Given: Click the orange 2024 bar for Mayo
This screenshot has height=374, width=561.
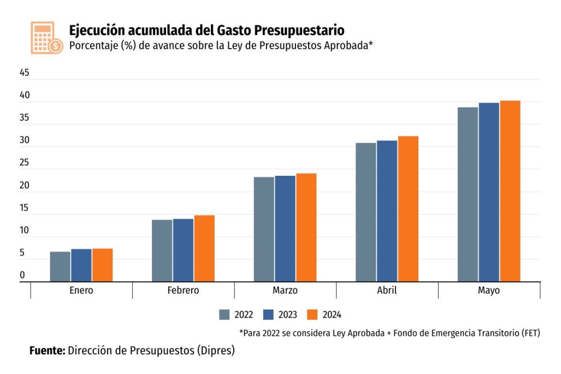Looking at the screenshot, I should point(510,191).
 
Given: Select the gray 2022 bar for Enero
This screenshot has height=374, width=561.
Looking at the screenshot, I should point(60,266).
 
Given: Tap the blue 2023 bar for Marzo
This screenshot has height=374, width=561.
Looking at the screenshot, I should point(285,228).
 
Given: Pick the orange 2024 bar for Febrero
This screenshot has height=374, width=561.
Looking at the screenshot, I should point(204,248).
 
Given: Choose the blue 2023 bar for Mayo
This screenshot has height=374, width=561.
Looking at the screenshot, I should point(489,192).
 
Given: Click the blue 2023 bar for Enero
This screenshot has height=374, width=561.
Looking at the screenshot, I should point(81,265).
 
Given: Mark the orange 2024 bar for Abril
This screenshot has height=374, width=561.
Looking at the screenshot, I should point(408,209).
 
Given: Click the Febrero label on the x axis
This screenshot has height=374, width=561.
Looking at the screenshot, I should point(183,290).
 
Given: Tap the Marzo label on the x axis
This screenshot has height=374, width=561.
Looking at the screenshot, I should point(285,290).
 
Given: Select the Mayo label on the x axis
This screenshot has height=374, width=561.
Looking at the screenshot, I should point(489,290).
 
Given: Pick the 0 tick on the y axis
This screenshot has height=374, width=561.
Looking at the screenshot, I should point(22,275).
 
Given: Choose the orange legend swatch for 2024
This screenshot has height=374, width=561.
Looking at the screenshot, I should point(312,314).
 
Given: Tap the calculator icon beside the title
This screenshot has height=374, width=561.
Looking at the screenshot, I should point(46,38).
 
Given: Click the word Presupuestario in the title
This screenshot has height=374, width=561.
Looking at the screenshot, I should point(299,29).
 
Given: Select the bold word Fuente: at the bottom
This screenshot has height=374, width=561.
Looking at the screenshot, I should point(47,351).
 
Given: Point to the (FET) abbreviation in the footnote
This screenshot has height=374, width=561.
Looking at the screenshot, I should point(529,333).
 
